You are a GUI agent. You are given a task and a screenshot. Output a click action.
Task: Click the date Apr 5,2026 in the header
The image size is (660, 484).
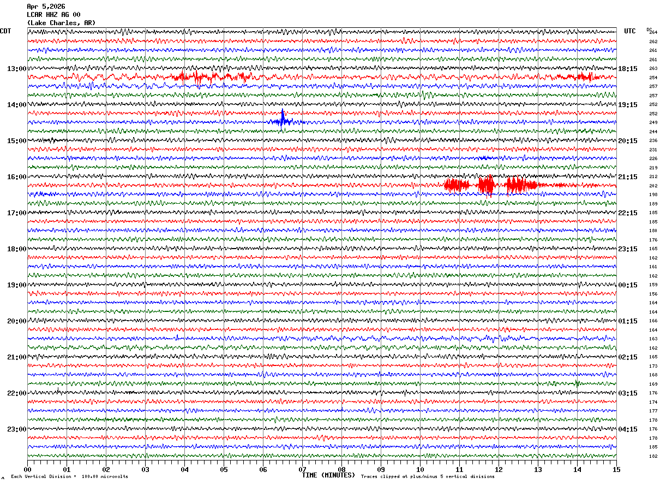(x=46, y=7)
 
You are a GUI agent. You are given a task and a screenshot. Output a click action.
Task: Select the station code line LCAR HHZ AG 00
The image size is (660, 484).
(x=53, y=15)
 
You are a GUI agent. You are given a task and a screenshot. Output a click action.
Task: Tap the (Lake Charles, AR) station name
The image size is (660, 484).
(x=61, y=23)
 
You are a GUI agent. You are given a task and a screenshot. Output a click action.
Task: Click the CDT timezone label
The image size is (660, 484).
(x=5, y=31)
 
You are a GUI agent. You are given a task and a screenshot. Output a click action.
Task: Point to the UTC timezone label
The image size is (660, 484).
(x=630, y=31)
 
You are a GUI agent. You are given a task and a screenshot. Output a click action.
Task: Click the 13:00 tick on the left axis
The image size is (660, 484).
(x=16, y=69)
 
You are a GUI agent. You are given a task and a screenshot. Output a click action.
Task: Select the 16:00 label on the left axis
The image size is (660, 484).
(x=16, y=177)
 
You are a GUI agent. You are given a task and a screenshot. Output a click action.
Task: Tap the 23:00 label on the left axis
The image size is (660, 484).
(x=16, y=429)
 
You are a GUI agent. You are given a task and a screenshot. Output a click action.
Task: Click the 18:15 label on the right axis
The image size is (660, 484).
(x=628, y=69)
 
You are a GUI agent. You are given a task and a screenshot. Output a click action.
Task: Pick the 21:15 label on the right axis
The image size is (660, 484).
(x=628, y=177)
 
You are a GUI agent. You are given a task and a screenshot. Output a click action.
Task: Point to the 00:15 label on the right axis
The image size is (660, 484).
(x=628, y=285)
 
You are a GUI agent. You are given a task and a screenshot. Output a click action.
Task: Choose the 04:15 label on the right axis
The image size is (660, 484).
(x=628, y=429)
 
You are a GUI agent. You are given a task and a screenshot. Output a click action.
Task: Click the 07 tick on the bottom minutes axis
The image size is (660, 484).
(x=302, y=469)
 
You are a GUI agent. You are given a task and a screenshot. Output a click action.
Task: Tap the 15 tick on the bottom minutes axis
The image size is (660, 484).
(x=616, y=469)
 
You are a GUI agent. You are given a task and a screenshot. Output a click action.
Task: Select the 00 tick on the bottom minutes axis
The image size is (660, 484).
(x=27, y=469)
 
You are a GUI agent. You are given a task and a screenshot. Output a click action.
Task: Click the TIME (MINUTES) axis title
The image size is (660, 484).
(x=328, y=475)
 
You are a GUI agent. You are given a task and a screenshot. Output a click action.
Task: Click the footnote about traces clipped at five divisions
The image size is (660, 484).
(x=428, y=477)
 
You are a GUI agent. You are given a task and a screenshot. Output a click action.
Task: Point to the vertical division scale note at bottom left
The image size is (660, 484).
(x=69, y=477)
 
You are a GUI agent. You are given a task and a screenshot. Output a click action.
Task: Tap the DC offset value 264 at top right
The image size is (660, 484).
(x=653, y=32)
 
